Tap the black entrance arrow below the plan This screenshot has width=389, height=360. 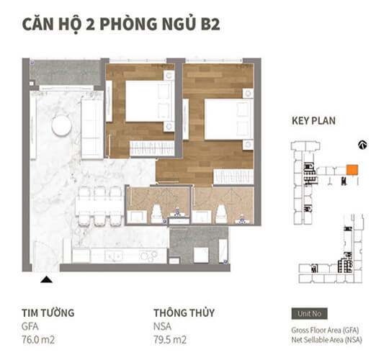(x=46, y=279)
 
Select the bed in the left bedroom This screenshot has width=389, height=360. (x=148, y=102)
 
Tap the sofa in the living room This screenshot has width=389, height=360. (x=91, y=128)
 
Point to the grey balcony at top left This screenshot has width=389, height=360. (x=66, y=73)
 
